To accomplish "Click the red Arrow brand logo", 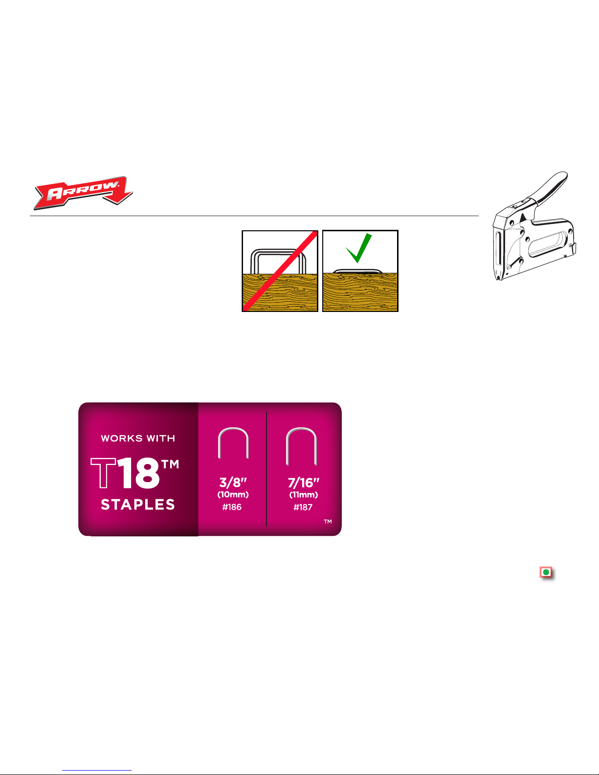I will pos(83,192).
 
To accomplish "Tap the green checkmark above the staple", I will pos(359,248).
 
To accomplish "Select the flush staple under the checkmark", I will pos(357,271).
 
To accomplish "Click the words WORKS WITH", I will pos(138,439).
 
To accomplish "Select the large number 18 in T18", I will pos(138,473).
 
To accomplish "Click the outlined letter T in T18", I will pos(103,473).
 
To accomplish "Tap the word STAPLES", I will pos(138,505).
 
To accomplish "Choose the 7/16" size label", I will pos(303,483).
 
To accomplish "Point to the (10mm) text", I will pos(233,495).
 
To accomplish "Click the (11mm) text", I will pos(304,495).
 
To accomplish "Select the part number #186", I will pos(232,507).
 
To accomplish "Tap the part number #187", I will pos(303,508).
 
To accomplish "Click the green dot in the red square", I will pos(546,572).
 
